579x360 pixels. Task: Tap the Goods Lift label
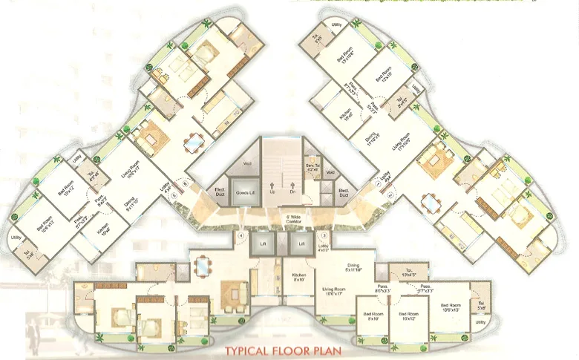coord(245,192)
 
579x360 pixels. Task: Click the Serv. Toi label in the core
coord(311,168)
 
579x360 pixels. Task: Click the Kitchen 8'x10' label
coord(299,277)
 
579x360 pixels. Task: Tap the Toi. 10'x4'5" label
coord(410,274)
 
